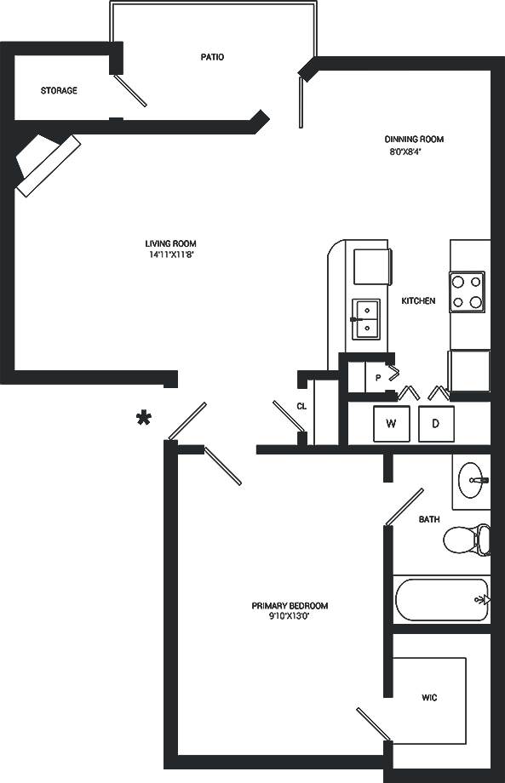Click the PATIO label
pos(212,57)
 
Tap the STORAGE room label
pos(59,90)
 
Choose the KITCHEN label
pos(418,300)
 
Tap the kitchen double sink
pos(366,318)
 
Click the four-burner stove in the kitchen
pos(467,291)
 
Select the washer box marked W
pos(392,423)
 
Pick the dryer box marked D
pos(435,423)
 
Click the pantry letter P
pos(377,377)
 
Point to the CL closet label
pos(301,406)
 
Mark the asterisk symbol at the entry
pos(146,417)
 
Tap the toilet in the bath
pos(468,539)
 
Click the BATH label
pos(429,519)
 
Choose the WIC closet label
pos(429,698)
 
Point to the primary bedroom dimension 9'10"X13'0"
pos(290,616)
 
